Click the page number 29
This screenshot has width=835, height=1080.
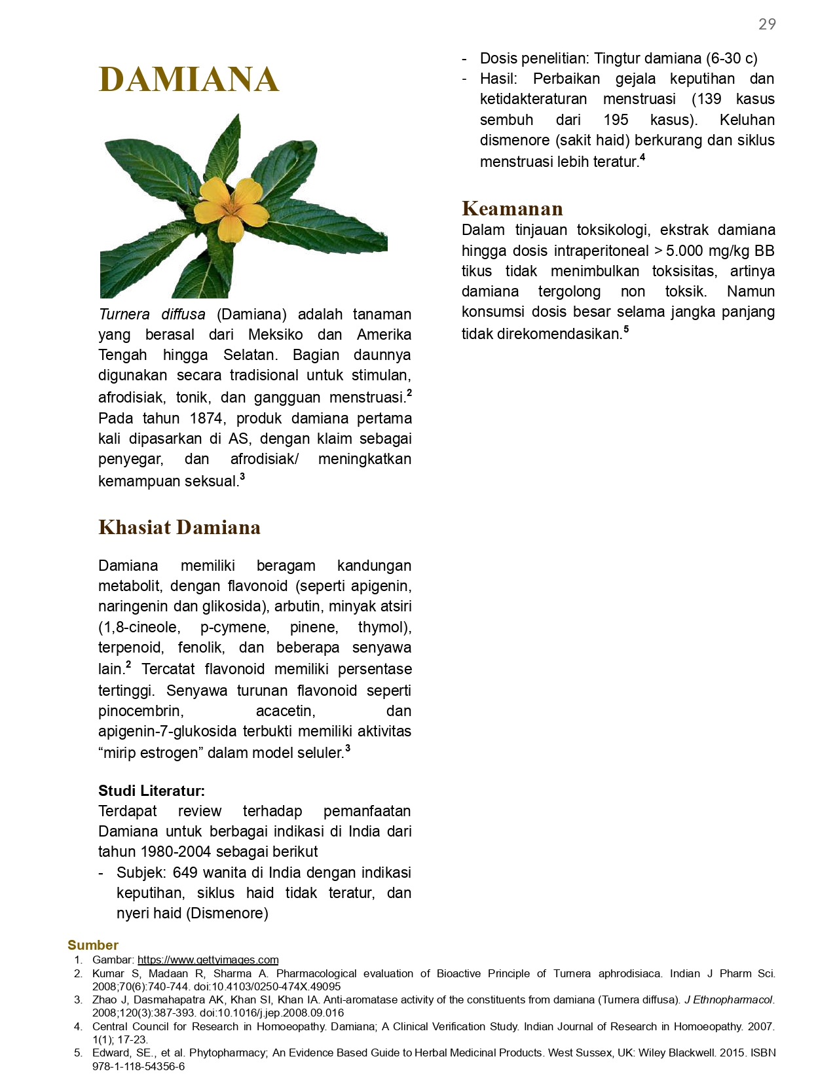767,25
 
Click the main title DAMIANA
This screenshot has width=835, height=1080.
189,80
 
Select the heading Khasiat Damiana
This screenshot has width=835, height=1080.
179,528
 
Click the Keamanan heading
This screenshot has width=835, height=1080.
512,209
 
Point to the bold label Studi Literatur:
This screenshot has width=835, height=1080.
151,791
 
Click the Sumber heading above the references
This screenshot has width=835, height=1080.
93,945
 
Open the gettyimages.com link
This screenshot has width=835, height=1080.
208,960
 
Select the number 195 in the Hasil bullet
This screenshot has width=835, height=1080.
616,120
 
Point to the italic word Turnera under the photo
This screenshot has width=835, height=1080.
124,315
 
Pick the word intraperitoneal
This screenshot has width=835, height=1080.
597,251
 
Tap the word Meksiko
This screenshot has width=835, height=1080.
275,335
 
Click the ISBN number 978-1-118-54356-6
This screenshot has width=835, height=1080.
138,1067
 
